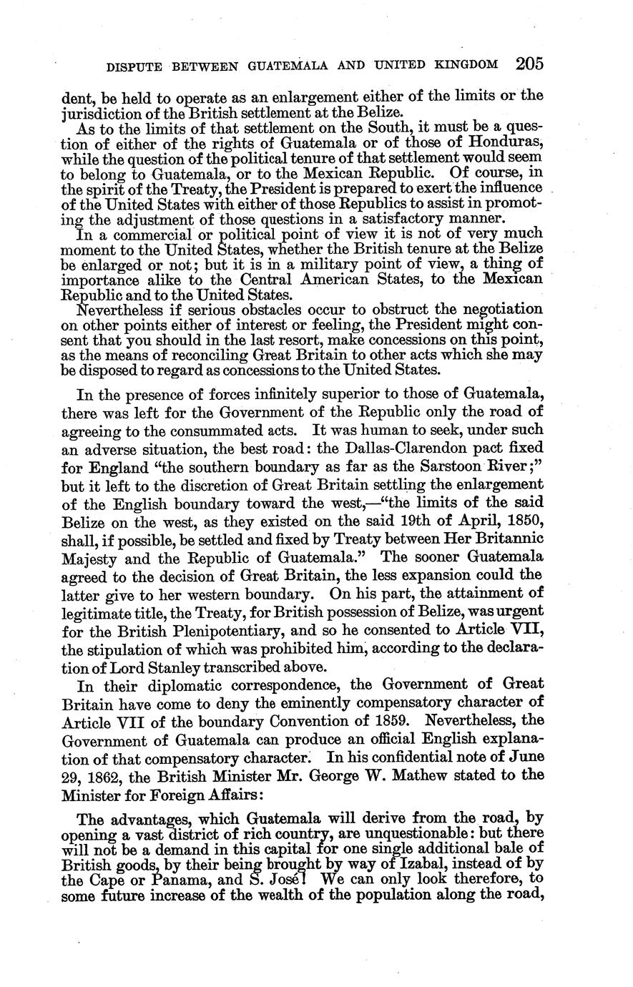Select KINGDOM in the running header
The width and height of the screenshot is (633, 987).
[x=466, y=65]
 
